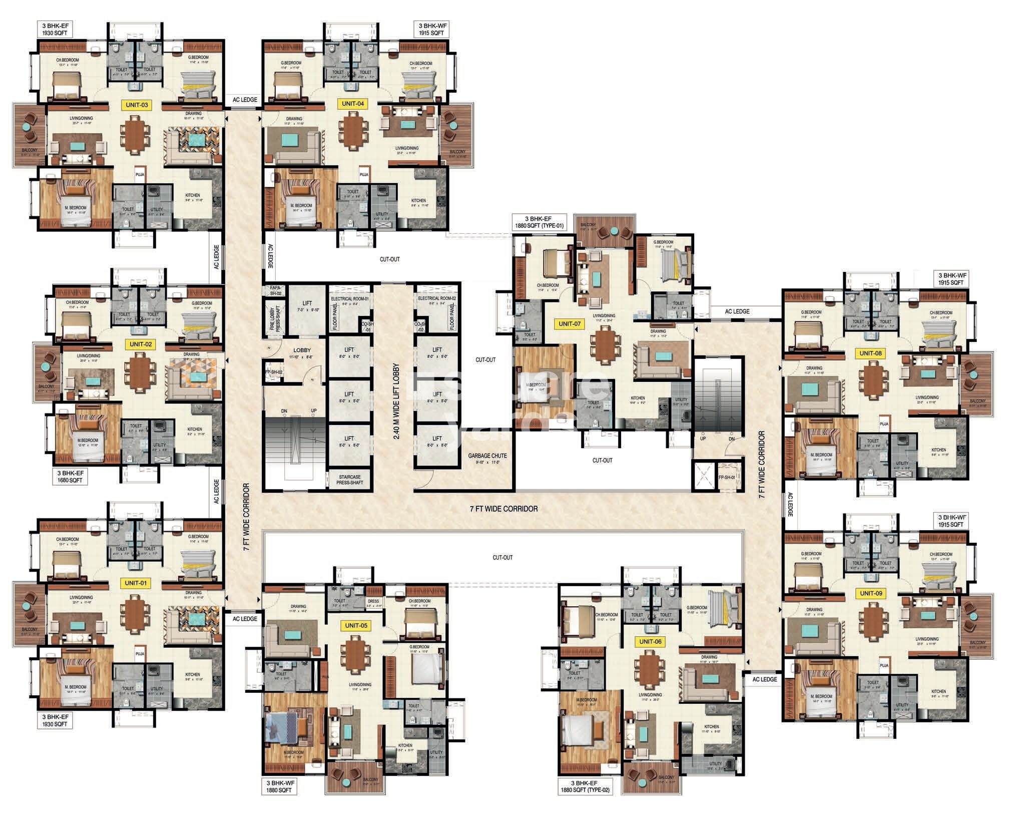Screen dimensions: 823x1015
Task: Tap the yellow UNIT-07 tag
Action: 570,324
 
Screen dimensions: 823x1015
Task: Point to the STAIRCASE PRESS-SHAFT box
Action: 349,480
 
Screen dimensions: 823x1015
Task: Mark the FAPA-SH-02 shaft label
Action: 275,291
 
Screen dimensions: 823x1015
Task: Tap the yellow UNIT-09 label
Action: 870,594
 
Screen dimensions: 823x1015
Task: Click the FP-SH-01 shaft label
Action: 726,478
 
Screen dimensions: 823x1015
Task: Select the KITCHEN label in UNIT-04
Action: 418,200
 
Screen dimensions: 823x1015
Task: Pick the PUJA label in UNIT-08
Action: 884,424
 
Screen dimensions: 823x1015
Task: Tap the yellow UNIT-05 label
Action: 356,625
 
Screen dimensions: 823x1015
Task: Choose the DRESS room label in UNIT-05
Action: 373,601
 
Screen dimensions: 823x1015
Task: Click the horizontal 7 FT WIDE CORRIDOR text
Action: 503,509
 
